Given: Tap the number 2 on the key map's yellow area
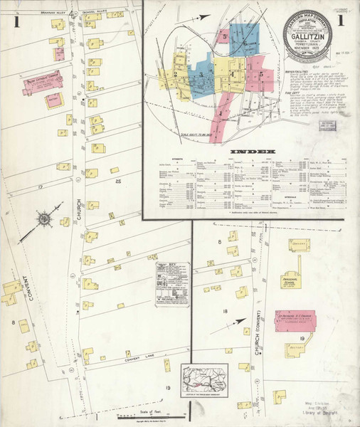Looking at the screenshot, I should (x=175, y=73).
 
